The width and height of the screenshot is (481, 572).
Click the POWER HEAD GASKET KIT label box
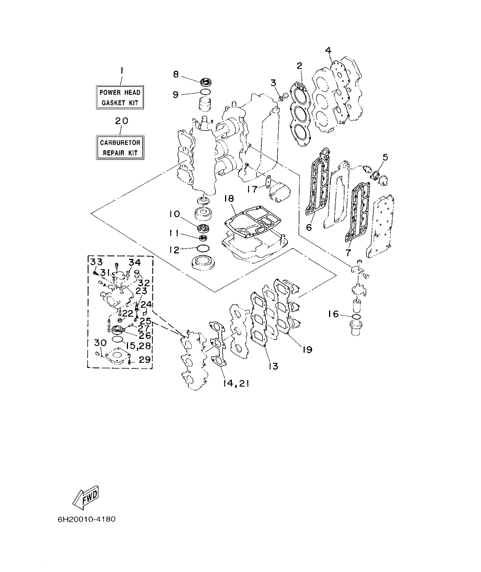click(x=120, y=97)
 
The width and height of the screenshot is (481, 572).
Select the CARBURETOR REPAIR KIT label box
click(x=120, y=147)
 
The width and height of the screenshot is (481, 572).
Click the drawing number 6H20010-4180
click(x=86, y=520)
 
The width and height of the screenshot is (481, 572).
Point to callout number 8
click(x=177, y=74)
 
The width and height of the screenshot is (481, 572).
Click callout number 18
click(x=229, y=198)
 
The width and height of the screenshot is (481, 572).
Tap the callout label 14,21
click(x=233, y=383)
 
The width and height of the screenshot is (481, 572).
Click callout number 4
click(x=328, y=51)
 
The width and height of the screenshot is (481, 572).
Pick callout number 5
click(x=385, y=157)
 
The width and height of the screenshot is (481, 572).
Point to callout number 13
click(x=274, y=366)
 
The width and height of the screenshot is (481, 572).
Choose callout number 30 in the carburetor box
click(x=100, y=342)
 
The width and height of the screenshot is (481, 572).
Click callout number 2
click(x=299, y=66)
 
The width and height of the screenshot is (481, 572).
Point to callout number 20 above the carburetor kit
click(x=121, y=121)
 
